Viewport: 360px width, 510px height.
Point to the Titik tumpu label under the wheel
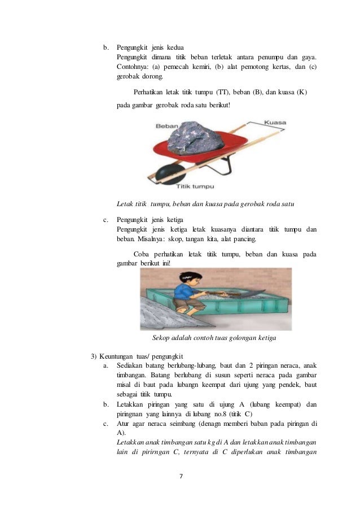(195, 185)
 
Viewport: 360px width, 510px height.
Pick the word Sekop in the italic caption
(163, 339)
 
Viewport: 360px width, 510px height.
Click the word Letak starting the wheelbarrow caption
(125, 203)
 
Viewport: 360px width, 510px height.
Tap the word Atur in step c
(123, 423)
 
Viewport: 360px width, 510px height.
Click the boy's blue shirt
(183, 292)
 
